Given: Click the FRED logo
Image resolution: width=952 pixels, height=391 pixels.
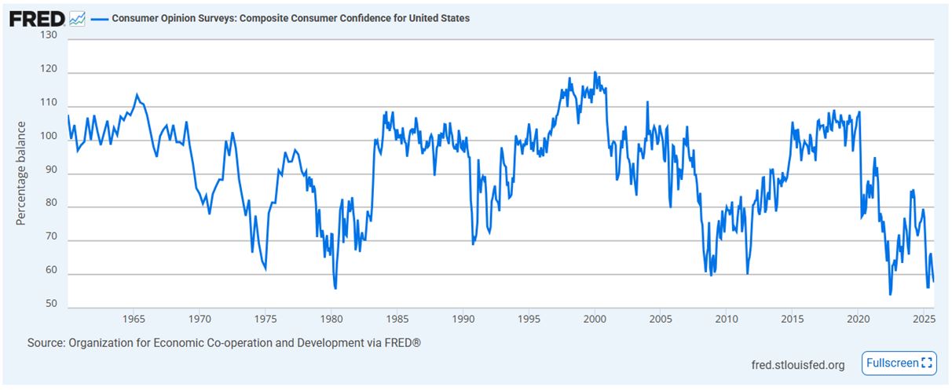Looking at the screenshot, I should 37,18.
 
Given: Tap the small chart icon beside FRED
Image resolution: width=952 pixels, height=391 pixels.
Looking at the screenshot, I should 77,18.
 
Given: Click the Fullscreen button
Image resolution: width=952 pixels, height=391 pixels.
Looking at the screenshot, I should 899,363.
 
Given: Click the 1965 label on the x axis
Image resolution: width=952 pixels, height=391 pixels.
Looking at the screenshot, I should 134,320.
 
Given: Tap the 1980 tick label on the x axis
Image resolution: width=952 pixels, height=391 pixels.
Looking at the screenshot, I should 331,320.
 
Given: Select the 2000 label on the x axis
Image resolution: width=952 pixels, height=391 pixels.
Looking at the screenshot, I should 595,320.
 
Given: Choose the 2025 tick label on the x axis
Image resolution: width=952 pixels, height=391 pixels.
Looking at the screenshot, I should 924,320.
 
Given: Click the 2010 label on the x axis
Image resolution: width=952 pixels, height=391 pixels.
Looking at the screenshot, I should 727,320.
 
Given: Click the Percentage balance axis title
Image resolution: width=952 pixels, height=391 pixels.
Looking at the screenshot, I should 21,174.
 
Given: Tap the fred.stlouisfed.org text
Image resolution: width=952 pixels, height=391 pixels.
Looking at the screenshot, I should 799,364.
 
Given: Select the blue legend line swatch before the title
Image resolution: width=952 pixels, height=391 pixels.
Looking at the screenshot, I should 99,18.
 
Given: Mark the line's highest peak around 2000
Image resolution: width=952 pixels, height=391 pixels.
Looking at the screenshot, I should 595,72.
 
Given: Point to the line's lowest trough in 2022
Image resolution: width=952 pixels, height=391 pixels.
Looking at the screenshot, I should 890,294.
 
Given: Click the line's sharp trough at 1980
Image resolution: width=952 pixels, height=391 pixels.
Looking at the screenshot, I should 335,288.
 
